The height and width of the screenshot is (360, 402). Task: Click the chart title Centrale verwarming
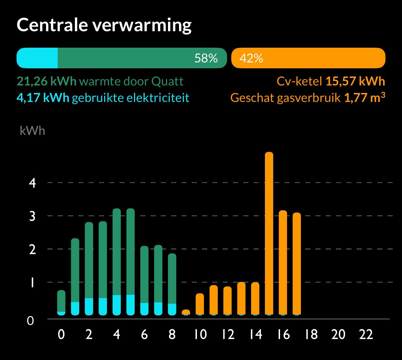[x=104, y=25]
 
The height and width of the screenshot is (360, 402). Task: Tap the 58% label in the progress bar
[x=206, y=58]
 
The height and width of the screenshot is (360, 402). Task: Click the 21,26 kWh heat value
[x=46, y=82]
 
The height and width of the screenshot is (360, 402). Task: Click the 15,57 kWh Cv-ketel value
[x=355, y=82]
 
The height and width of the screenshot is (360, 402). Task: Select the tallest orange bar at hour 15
[x=269, y=233]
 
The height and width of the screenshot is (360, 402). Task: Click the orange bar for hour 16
[x=283, y=263]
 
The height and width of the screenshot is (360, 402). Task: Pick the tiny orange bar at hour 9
[x=186, y=312]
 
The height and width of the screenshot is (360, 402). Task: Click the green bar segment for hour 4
[x=117, y=252]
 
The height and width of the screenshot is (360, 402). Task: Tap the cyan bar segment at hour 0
[x=61, y=313]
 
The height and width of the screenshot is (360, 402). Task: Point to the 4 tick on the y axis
[x=32, y=183]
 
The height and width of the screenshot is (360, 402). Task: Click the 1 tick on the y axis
[x=32, y=283]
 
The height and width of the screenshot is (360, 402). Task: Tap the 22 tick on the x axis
[x=366, y=334]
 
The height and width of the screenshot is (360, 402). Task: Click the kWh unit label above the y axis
[x=32, y=131]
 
